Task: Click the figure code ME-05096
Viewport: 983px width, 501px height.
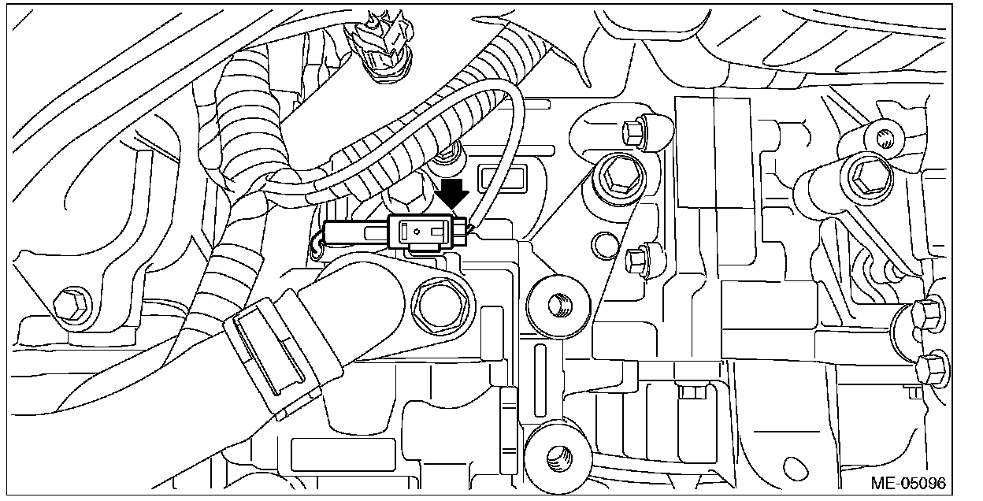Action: click(907, 482)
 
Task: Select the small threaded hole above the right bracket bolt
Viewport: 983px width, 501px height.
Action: click(883, 139)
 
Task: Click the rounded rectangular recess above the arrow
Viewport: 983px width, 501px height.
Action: click(501, 178)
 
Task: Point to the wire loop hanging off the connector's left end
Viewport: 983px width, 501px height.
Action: click(317, 243)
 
